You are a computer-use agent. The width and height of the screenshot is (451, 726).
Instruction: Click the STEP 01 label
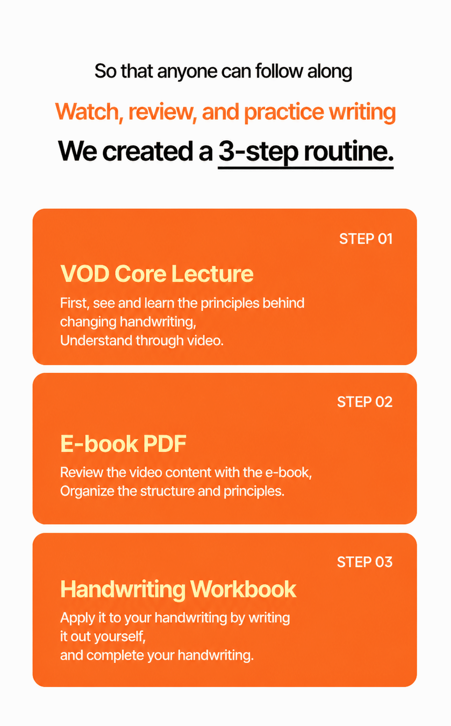pos(366,239)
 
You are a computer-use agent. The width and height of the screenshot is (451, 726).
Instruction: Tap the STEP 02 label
pos(365,402)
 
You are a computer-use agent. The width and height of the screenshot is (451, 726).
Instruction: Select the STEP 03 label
pos(365,562)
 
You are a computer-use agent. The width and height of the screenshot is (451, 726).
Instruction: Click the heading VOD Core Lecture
pos(157,274)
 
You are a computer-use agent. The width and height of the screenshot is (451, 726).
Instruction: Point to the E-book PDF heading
pos(123,444)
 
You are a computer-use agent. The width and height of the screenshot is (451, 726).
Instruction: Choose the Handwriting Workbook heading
pos(178,589)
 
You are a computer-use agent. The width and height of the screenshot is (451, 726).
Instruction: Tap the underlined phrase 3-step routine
pos(306,152)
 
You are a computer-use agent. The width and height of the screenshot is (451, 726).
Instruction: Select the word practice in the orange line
pos(284,112)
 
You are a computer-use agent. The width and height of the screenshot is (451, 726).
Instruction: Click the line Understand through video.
pos(142,341)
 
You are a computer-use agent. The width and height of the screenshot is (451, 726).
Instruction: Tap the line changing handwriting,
pos(129,322)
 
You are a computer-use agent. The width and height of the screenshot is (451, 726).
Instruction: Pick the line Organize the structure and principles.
pos(172,492)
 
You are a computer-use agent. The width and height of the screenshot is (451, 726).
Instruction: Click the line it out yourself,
pos(103,637)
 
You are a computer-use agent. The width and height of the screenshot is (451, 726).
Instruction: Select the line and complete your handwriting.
pos(157,656)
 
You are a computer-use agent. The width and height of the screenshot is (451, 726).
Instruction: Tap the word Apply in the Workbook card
pos(78,618)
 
